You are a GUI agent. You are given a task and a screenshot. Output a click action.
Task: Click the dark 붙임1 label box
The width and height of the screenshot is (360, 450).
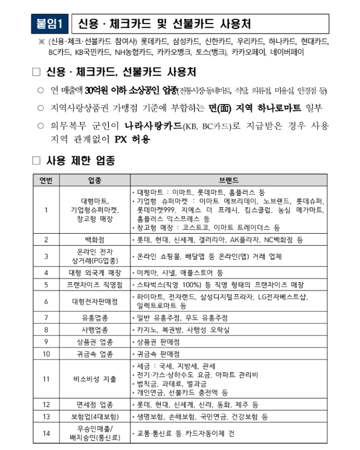(51, 24)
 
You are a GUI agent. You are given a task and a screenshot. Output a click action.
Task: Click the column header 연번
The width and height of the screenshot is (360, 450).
(46, 180)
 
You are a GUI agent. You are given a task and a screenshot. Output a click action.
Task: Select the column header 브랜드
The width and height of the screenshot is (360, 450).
(228, 180)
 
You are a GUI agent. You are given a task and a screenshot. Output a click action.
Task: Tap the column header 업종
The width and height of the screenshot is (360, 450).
(94, 180)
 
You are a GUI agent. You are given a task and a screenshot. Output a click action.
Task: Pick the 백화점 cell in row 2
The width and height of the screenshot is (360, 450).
(94, 239)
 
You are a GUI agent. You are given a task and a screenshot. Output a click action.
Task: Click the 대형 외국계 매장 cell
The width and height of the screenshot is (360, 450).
(94, 272)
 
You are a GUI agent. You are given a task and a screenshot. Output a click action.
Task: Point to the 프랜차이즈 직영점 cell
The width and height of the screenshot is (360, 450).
(94, 284)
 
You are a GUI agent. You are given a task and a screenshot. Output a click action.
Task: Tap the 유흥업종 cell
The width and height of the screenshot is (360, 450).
(94, 318)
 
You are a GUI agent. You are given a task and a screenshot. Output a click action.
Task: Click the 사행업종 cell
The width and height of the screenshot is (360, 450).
(94, 330)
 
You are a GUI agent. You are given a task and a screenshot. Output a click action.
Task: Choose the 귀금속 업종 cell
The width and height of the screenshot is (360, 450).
(94, 353)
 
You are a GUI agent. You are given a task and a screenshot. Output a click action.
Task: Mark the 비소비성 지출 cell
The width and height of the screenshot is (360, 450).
(94, 379)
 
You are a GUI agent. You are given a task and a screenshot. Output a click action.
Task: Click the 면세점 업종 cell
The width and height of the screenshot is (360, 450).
(94, 404)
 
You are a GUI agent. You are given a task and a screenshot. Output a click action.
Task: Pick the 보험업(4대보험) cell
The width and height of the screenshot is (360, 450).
(94, 416)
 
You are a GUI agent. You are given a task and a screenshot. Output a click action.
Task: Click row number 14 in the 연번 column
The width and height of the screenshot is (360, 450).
(46, 433)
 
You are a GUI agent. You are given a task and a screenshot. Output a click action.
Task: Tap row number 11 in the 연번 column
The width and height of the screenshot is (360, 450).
(46, 379)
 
